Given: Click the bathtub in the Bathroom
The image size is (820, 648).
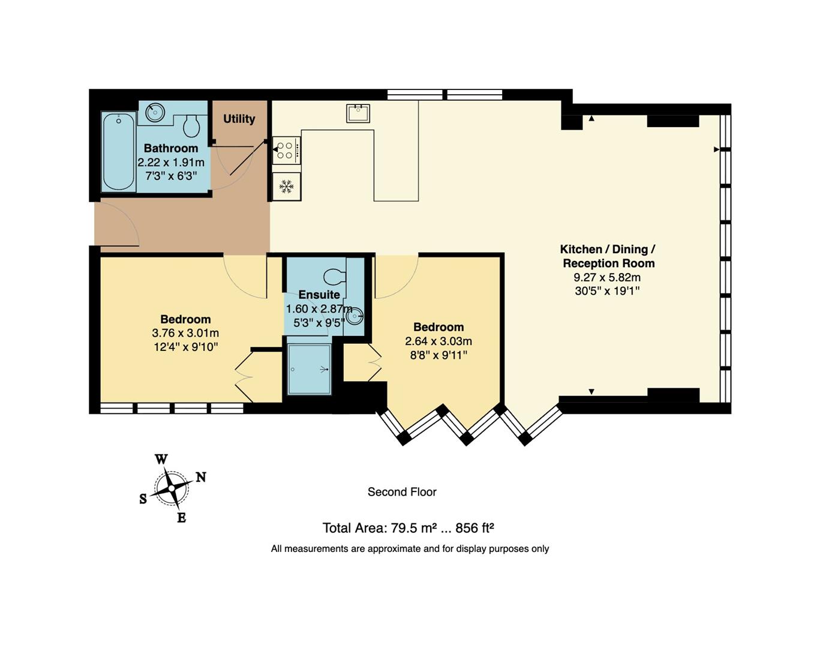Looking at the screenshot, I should [118, 151].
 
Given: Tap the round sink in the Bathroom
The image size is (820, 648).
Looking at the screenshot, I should [155, 112].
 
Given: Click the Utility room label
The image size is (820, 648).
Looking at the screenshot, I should [239, 119].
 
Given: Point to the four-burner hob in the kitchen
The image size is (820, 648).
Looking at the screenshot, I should [286, 150].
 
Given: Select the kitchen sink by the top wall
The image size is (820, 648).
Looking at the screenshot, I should [358, 113].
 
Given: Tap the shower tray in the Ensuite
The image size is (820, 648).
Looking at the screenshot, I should [309, 369].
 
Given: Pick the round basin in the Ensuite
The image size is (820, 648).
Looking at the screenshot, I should [355, 315].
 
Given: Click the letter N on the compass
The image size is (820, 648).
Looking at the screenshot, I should [201, 478].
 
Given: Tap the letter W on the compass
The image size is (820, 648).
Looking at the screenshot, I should [161, 460].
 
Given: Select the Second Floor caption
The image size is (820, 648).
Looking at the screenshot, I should [402, 492].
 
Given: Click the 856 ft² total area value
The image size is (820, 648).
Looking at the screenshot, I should [474, 528].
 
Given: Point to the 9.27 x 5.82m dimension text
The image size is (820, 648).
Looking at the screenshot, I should [607, 277].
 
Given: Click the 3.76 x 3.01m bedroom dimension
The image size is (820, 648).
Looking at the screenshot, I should [185, 333].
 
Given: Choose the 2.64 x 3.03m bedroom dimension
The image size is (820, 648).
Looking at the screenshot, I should [438, 341].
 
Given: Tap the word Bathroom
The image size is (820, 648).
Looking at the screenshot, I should [171, 148].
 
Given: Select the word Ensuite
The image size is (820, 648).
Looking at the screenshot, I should [319, 295].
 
